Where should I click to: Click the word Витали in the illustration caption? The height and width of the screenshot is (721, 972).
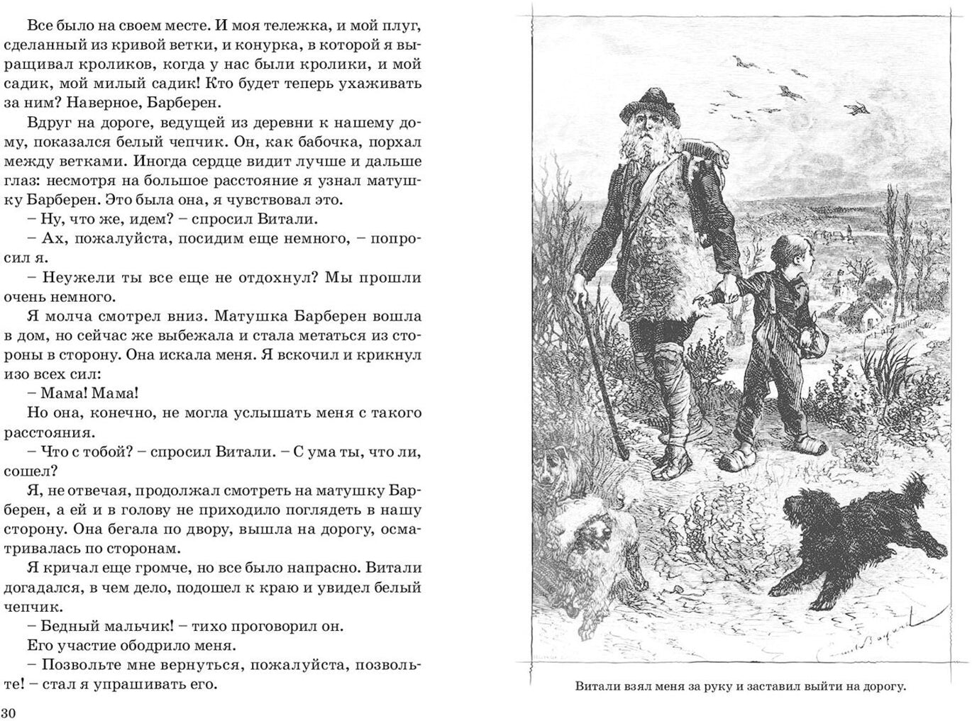(596, 686)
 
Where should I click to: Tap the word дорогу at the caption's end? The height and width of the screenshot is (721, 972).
(883, 686)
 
